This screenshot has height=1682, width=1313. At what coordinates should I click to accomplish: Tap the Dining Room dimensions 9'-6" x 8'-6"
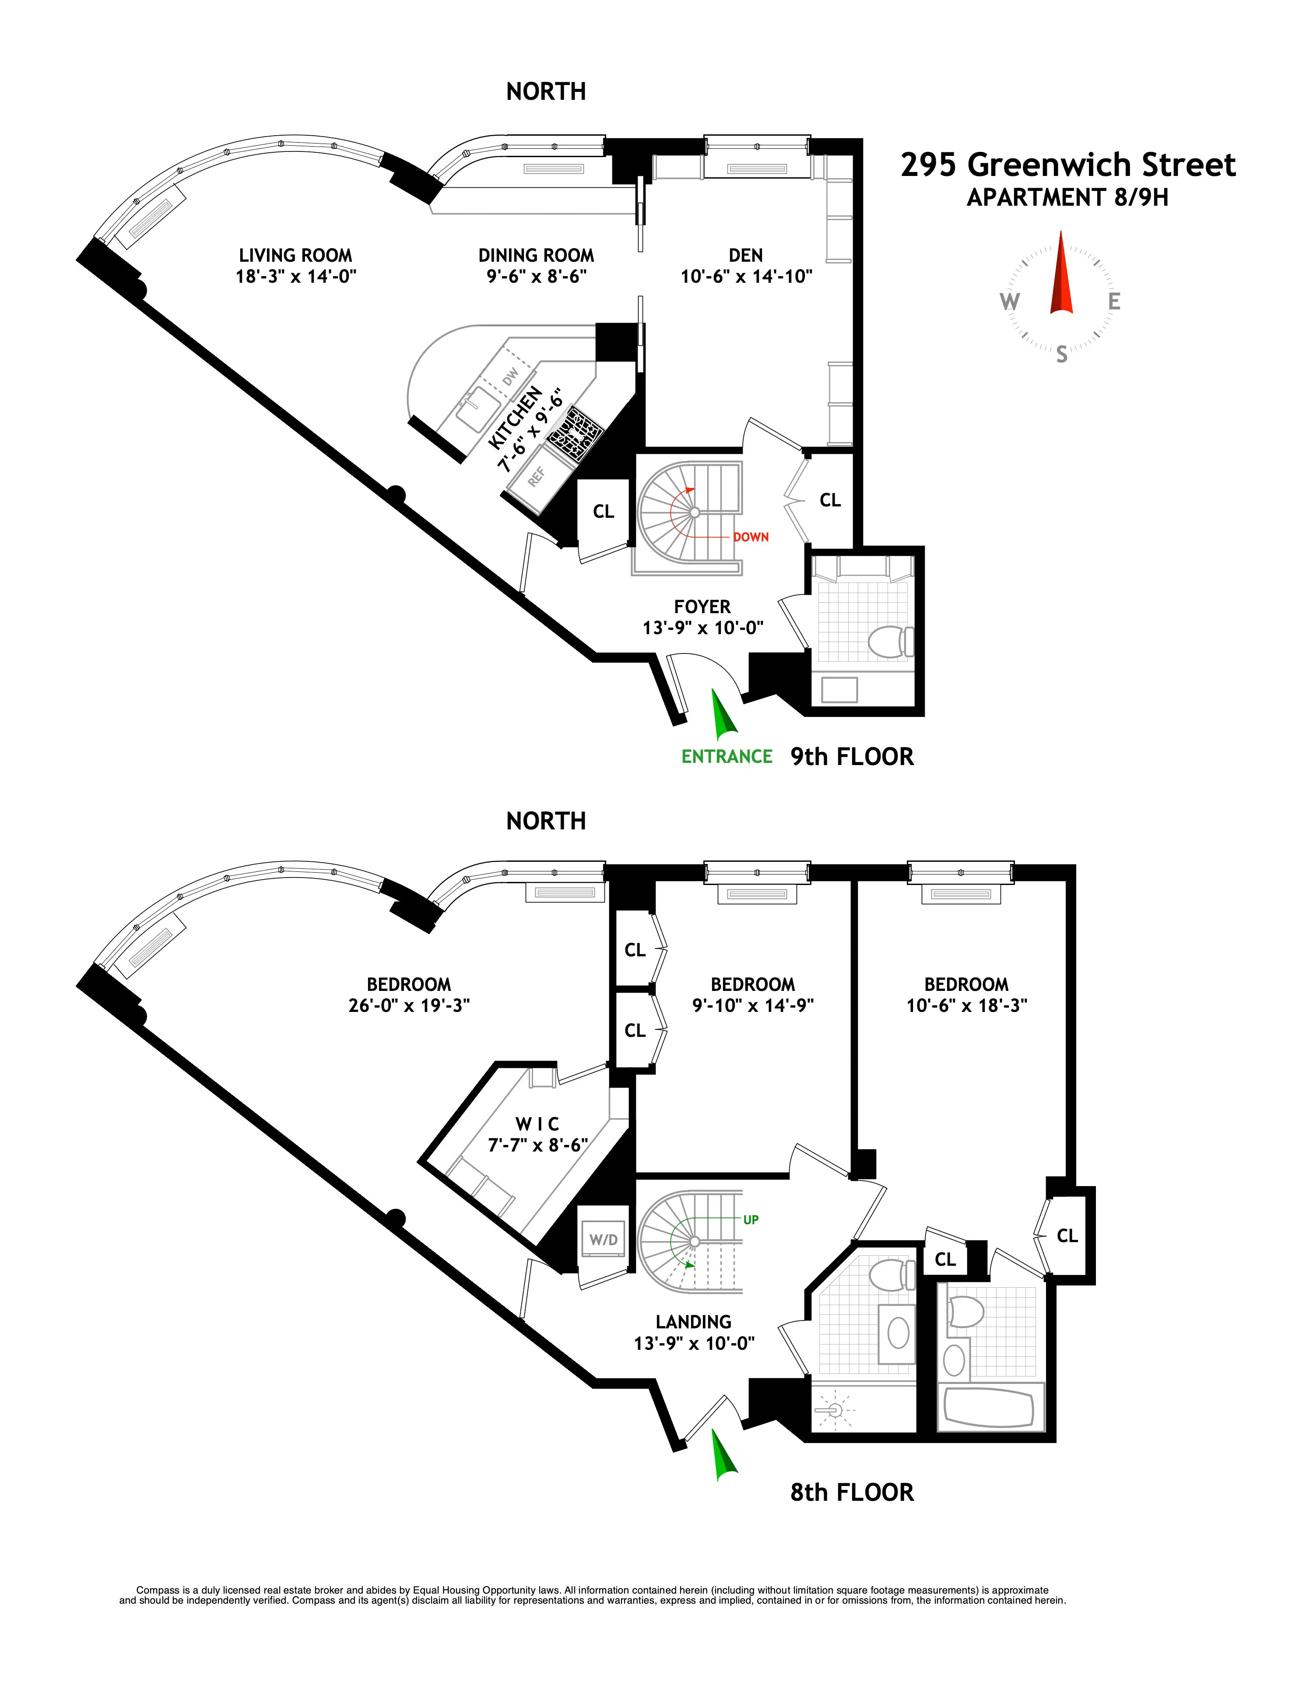(x=536, y=277)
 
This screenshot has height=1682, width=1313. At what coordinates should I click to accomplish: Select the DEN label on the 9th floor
(x=745, y=255)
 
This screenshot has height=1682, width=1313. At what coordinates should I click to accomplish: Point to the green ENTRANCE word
(x=726, y=756)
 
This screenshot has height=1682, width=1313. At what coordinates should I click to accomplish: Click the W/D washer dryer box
(x=603, y=1240)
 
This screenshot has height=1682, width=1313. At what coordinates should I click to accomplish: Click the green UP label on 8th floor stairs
(x=751, y=1219)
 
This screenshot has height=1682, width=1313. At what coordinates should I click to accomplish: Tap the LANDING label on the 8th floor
(x=693, y=1322)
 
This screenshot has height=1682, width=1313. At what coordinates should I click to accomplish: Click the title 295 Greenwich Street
(x=1067, y=165)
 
